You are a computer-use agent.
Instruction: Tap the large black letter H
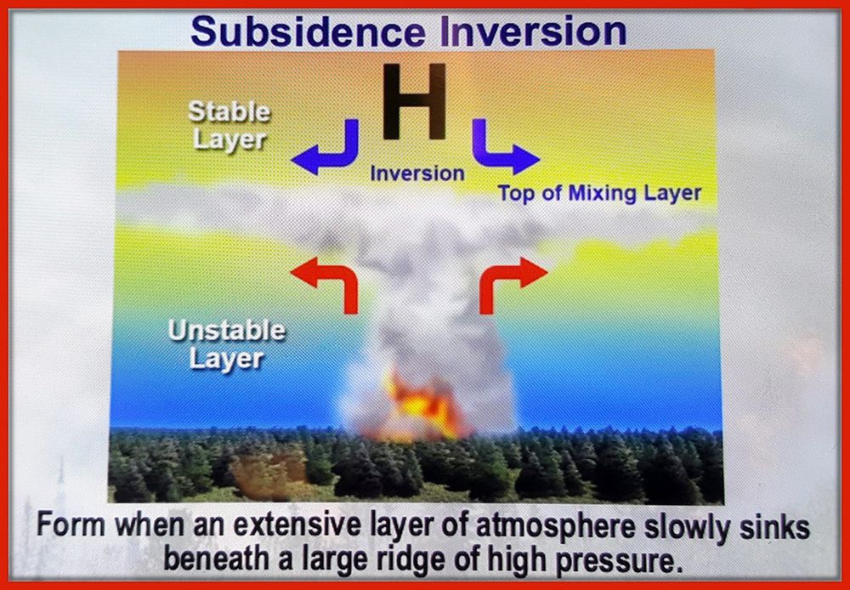[414, 101]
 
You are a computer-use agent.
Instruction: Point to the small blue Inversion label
[417, 173]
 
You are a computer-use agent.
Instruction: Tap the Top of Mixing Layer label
[599, 194]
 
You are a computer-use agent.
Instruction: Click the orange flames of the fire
[420, 404]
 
